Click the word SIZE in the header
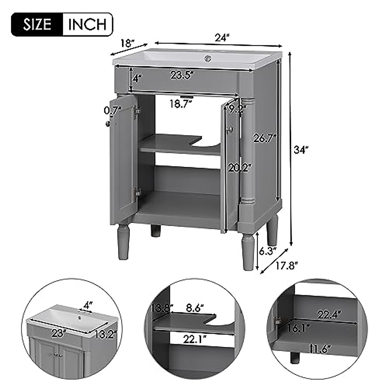[x=37, y=24]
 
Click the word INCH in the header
[x=87, y=24]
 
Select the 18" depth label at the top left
[x=127, y=43]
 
